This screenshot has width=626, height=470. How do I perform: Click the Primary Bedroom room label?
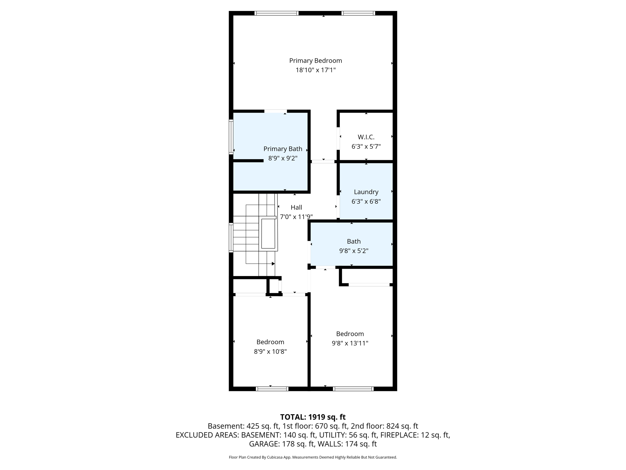tap(315, 61)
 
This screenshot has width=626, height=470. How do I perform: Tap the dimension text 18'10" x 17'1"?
tap(315, 70)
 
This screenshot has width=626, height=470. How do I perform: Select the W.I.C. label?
tap(366, 137)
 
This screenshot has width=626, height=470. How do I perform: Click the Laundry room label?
tap(366, 192)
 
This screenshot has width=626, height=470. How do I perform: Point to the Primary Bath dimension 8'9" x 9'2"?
tap(283, 158)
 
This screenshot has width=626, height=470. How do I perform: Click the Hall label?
tap(296, 207)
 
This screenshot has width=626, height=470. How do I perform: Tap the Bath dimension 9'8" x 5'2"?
tap(354, 251)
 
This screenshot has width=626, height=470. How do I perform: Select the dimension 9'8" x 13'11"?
tap(350, 343)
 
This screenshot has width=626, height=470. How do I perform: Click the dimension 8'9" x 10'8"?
tap(270, 352)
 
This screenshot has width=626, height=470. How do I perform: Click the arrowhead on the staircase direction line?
tap(273, 264)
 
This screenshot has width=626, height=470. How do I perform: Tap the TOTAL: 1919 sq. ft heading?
tap(313, 417)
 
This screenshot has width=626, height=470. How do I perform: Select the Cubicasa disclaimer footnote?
tap(313, 457)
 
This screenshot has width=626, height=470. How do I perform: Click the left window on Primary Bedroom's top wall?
tap(276, 13)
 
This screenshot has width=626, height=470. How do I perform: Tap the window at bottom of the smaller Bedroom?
tap(272, 389)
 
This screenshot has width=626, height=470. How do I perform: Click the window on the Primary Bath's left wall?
tap(231, 136)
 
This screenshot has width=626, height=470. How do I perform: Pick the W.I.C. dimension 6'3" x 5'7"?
tap(366, 147)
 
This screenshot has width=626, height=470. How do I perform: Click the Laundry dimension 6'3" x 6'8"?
tap(366, 201)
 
